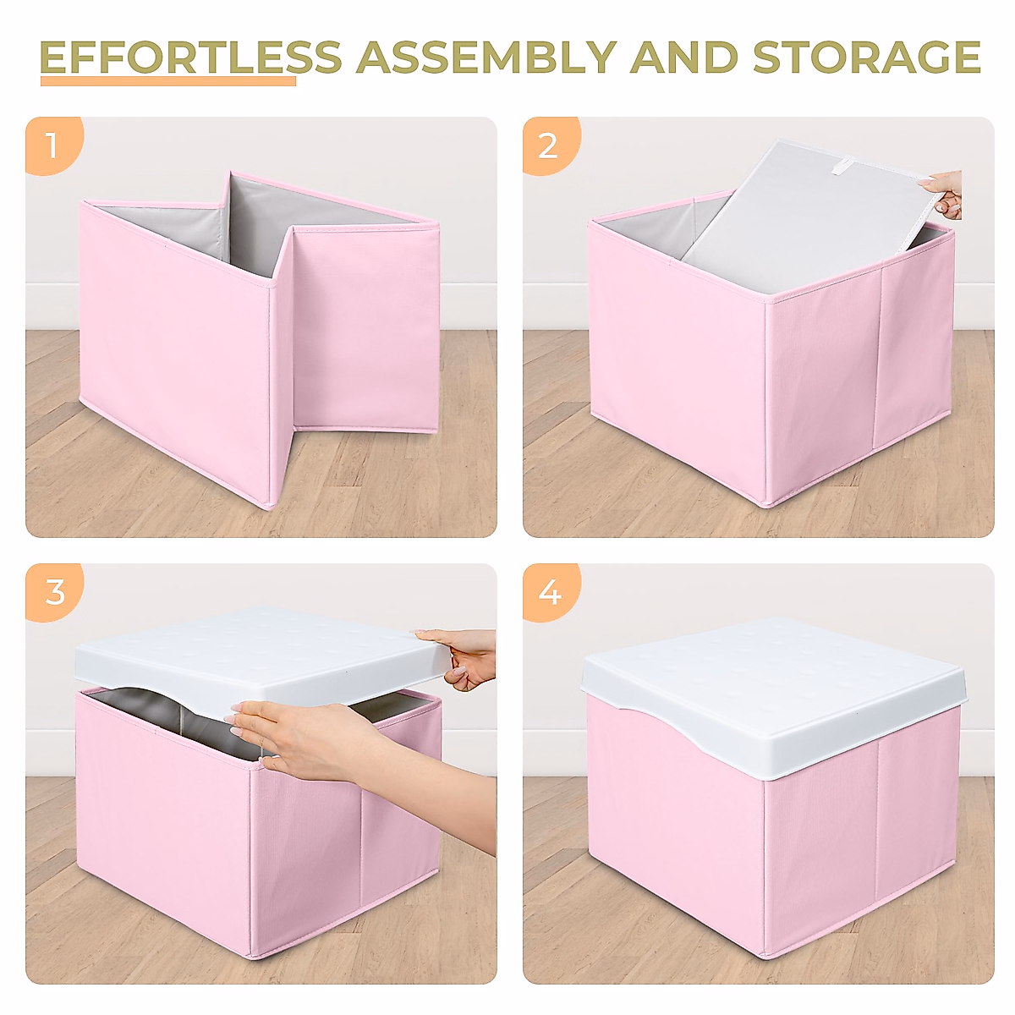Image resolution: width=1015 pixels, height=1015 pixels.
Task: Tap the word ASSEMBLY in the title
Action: pos(485,58)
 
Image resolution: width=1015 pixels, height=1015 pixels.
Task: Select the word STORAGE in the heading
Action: pos(866,58)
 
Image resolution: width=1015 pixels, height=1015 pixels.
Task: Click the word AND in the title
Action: pos(683,58)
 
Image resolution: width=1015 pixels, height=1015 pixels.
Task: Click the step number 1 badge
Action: pos(52,145)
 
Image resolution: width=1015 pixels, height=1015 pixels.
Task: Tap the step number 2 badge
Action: pos(548,145)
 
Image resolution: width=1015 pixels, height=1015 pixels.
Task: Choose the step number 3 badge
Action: pos(54,591)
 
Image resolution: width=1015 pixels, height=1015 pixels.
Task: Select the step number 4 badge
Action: pos(550,592)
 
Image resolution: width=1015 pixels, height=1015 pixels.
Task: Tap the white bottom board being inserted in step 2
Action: pos(804,220)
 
